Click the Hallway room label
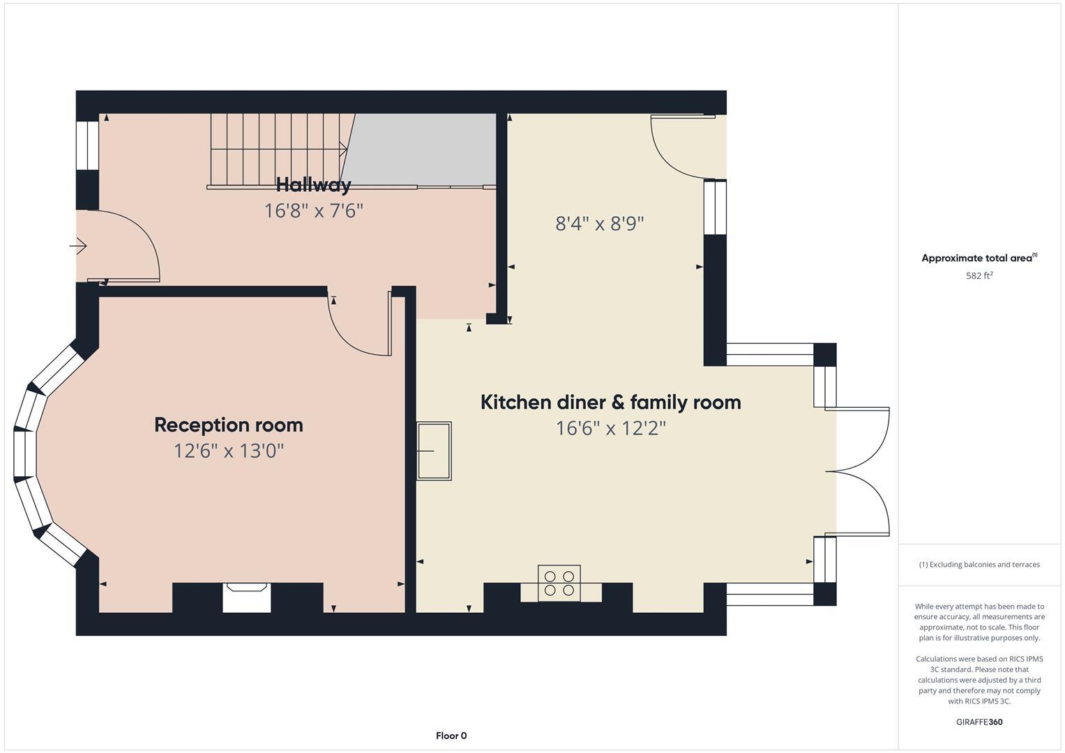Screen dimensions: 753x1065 pos(313,185)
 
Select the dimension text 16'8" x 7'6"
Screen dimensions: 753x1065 pos(313,211)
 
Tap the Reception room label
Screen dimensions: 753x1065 pos(228,425)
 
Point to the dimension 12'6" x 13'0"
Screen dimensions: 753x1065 pos(228,450)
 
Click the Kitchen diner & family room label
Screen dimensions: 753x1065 pos(610,402)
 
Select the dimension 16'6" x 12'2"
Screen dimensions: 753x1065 pos(610,428)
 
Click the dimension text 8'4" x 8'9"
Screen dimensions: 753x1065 pos(599,224)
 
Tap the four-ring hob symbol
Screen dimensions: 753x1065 pos(559,583)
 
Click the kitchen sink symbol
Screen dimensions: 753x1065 pos(434,451)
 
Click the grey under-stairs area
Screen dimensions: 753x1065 pos(422,149)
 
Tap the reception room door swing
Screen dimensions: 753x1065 pos(356,328)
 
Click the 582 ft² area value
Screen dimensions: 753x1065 pos(979,275)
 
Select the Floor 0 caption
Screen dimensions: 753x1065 pos(451,736)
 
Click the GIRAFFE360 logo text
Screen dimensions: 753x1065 pos(979,722)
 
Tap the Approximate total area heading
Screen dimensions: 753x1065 pos(979,258)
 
